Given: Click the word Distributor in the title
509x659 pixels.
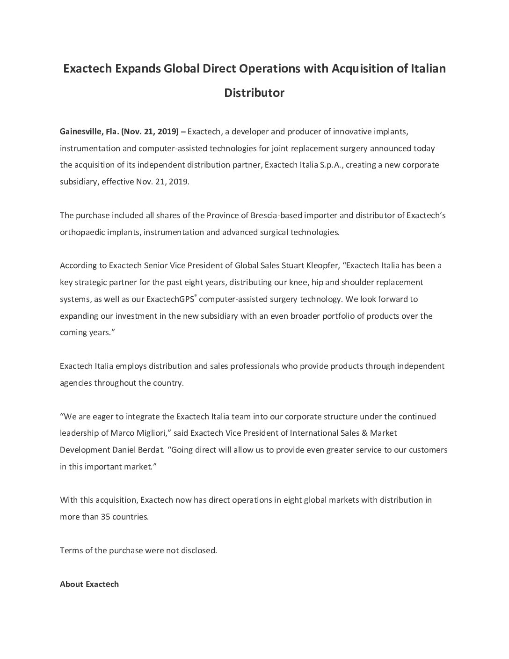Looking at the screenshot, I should point(254,93).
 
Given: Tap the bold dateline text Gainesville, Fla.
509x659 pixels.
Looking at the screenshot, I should point(89,132).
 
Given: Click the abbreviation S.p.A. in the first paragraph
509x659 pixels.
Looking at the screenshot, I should point(332,165).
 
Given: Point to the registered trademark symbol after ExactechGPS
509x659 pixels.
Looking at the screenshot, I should point(196,296).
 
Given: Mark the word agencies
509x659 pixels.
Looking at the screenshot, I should point(76,383).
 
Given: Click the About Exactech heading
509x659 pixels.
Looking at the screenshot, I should point(89,584).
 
